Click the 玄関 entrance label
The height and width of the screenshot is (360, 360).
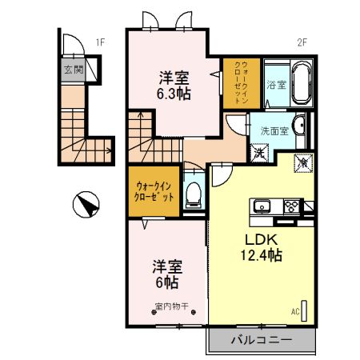[73, 70]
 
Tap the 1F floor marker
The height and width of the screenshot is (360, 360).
[100, 42]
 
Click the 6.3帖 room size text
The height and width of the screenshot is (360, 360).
[173, 94]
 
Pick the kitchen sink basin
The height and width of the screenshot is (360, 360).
[264, 206]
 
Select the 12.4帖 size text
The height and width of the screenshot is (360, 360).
[258, 256]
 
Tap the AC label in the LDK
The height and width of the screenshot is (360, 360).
[294, 311]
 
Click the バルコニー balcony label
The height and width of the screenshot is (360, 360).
[262, 339]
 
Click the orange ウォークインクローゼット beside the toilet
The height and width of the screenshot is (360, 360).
[153, 190]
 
